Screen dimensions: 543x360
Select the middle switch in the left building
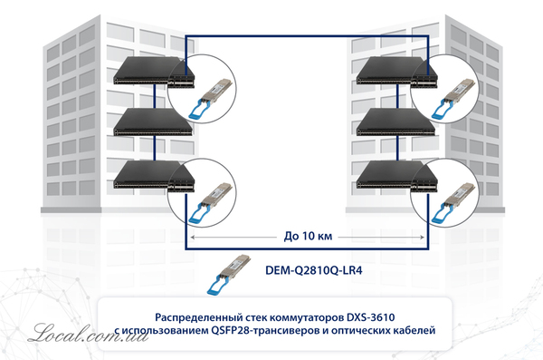[153, 122]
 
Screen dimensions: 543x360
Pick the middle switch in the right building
[395, 122]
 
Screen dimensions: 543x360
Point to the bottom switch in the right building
[396, 176]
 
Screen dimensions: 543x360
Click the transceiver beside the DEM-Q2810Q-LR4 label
[228, 274]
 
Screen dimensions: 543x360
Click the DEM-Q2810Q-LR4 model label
[314, 270]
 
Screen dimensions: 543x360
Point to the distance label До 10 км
[308, 236]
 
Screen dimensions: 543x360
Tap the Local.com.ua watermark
[88, 334]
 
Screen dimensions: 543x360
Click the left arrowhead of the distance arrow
[192, 238]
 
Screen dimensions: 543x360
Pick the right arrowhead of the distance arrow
[422, 238]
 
